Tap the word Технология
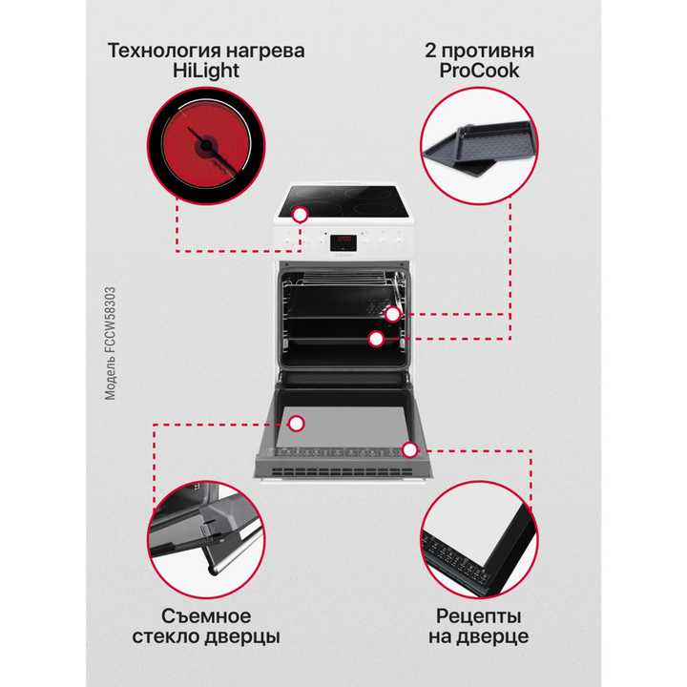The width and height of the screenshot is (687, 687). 163,51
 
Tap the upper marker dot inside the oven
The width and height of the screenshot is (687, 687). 392,314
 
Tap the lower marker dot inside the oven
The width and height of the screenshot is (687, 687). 376,338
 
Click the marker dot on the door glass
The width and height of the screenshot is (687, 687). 297,423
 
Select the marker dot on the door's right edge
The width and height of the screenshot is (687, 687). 410,448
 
